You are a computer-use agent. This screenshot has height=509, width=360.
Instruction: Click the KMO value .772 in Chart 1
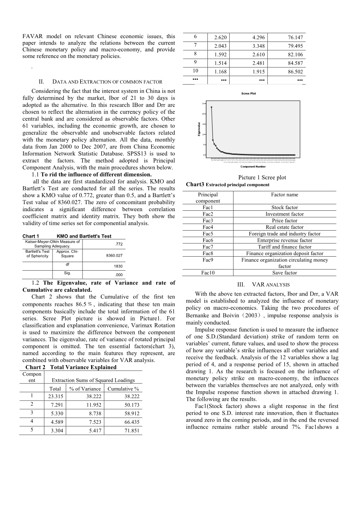[119, 244]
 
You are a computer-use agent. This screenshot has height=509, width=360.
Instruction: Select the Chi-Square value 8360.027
[114, 255]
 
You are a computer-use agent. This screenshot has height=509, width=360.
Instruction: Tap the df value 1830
[118, 266]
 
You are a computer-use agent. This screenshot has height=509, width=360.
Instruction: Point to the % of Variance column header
[85, 388]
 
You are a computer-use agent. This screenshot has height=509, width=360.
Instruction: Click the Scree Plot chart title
[249, 93]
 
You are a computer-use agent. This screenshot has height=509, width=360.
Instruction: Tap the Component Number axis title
[253, 167]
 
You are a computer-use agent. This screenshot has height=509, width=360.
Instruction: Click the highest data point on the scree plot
[211, 107]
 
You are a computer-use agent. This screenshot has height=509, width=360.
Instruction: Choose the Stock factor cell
[284, 208]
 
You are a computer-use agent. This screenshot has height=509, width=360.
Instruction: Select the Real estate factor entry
[284, 227]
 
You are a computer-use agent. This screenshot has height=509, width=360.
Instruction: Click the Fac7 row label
[208, 247]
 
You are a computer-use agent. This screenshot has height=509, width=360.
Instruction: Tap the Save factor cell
[284, 273]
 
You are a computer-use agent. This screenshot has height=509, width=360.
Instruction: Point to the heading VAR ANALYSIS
[263, 285]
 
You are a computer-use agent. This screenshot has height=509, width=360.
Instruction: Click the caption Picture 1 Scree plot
[262, 178]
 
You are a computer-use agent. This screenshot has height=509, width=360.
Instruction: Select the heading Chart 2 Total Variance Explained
[71, 367]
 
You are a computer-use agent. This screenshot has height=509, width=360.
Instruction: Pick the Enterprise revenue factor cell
[284, 240]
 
